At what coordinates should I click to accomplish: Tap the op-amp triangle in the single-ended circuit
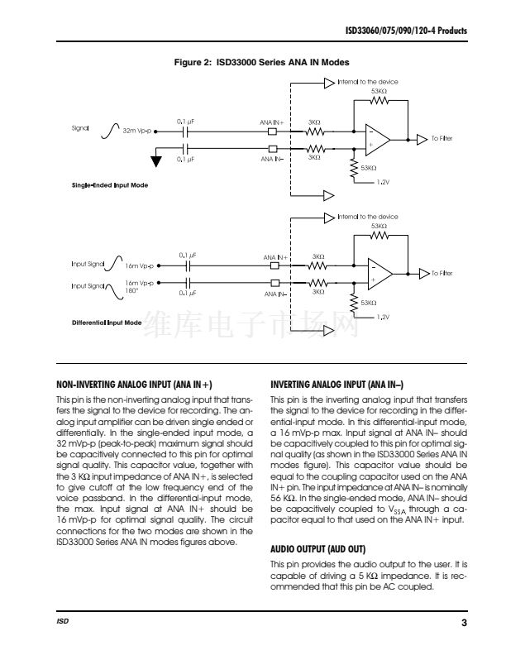point(378,138)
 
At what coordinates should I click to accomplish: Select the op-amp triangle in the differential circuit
point(379,273)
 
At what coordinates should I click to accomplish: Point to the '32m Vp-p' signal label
point(138,131)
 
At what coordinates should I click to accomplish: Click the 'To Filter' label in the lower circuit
point(442,273)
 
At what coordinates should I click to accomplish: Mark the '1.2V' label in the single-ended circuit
point(383,181)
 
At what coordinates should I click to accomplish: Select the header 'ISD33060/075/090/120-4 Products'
point(406,31)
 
